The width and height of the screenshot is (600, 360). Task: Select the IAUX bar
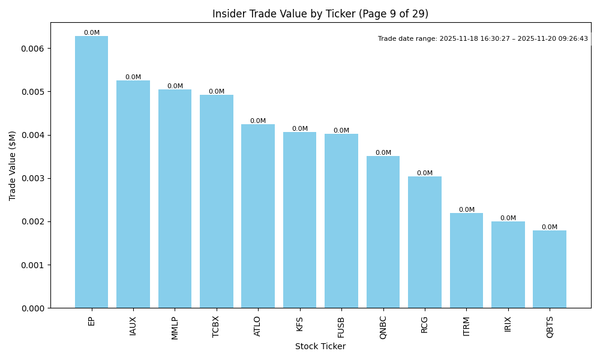(133, 194)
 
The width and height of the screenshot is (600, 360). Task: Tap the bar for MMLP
(175, 199)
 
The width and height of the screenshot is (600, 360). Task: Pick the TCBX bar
(217, 202)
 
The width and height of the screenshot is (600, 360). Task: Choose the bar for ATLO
(258, 216)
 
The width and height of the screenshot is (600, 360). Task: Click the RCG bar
(425, 242)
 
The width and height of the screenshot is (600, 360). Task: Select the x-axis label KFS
(300, 323)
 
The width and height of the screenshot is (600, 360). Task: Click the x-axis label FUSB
(341, 327)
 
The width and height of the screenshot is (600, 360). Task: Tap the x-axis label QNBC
(383, 328)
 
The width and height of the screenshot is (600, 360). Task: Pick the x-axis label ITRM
(466, 327)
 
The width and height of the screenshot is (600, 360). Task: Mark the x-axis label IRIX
(508, 324)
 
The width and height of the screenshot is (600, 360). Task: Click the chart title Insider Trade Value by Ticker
(320, 14)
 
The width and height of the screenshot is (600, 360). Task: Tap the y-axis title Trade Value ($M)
(13, 166)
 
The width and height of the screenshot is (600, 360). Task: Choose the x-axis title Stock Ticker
(320, 346)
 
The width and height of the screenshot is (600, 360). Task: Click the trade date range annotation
(483, 39)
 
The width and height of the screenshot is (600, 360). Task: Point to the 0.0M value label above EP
(92, 33)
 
